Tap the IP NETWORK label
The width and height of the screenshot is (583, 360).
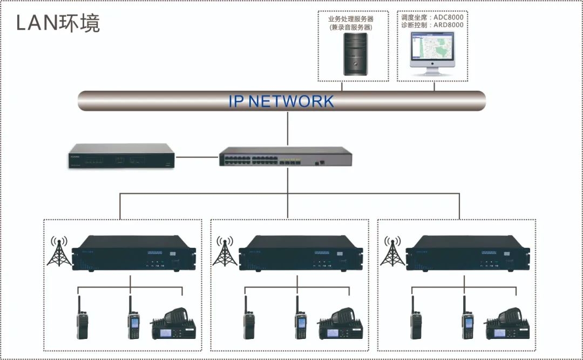coord(281,101)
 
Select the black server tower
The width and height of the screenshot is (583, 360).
coord(355,53)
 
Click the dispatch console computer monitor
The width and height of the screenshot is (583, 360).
coord(432,50)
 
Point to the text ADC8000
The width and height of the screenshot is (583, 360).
coord(448,17)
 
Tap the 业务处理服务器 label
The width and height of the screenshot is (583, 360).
coord(350,18)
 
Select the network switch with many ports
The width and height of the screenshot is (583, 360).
coord(286,157)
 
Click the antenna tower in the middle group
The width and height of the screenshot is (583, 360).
coord(223,250)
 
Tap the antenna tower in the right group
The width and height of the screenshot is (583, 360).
coord(392,250)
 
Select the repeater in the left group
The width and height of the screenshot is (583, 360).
coord(130,253)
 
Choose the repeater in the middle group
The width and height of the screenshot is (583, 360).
coord(296,253)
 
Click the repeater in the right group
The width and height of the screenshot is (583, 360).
coord(464,253)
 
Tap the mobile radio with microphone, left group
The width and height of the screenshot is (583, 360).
coord(174,323)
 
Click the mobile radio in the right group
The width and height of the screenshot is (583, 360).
coord(507,323)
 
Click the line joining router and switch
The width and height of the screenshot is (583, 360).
coord(198,157)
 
